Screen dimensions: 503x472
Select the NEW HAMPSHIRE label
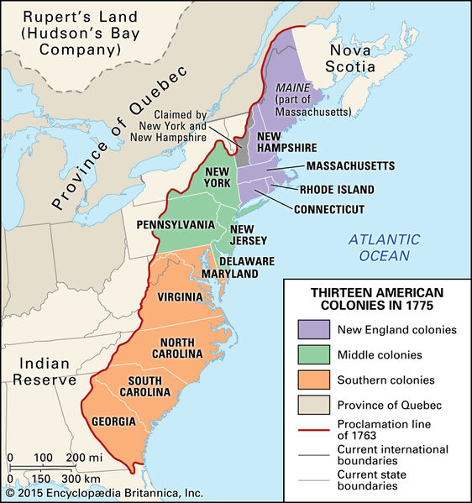click(x=289, y=143)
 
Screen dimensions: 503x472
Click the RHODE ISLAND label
click(x=337, y=190)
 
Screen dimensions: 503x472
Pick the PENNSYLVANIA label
click(x=176, y=225)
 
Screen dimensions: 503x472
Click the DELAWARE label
click(x=249, y=261)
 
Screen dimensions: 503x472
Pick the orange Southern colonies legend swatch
click(x=313, y=380)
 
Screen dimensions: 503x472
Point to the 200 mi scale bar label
click(x=84, y=457)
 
